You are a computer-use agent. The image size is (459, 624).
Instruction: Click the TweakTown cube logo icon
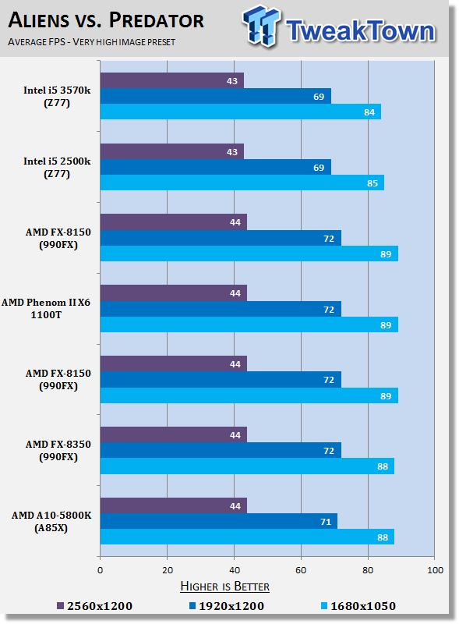261,26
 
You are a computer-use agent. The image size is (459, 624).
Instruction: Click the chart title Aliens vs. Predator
106,20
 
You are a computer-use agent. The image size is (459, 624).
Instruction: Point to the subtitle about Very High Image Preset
91,42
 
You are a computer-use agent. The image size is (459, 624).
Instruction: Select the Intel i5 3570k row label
57,96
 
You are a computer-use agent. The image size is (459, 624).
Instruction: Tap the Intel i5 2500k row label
57,167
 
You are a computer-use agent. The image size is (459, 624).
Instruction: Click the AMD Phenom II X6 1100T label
46,308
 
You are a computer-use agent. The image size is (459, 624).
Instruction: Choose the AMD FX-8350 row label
58,450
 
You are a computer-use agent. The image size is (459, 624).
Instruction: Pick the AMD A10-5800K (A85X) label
51,521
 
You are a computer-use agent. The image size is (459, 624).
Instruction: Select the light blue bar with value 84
241,112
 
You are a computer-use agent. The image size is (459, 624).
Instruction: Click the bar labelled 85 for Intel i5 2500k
242,183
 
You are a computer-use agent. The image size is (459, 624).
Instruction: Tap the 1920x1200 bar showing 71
219,521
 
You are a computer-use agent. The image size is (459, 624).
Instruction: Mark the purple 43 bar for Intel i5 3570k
171,80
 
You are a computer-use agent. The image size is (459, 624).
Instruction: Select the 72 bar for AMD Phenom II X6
221,309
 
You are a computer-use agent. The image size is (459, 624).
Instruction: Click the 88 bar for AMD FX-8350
247,466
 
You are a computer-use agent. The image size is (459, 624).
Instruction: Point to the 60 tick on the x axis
301,570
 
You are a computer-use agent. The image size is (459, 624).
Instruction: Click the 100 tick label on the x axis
435,570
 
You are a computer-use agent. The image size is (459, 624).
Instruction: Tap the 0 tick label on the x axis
101,570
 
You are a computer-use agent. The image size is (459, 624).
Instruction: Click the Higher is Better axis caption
224,587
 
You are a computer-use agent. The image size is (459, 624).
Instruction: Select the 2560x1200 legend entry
94,606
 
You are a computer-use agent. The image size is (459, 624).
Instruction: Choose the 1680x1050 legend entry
358,606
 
